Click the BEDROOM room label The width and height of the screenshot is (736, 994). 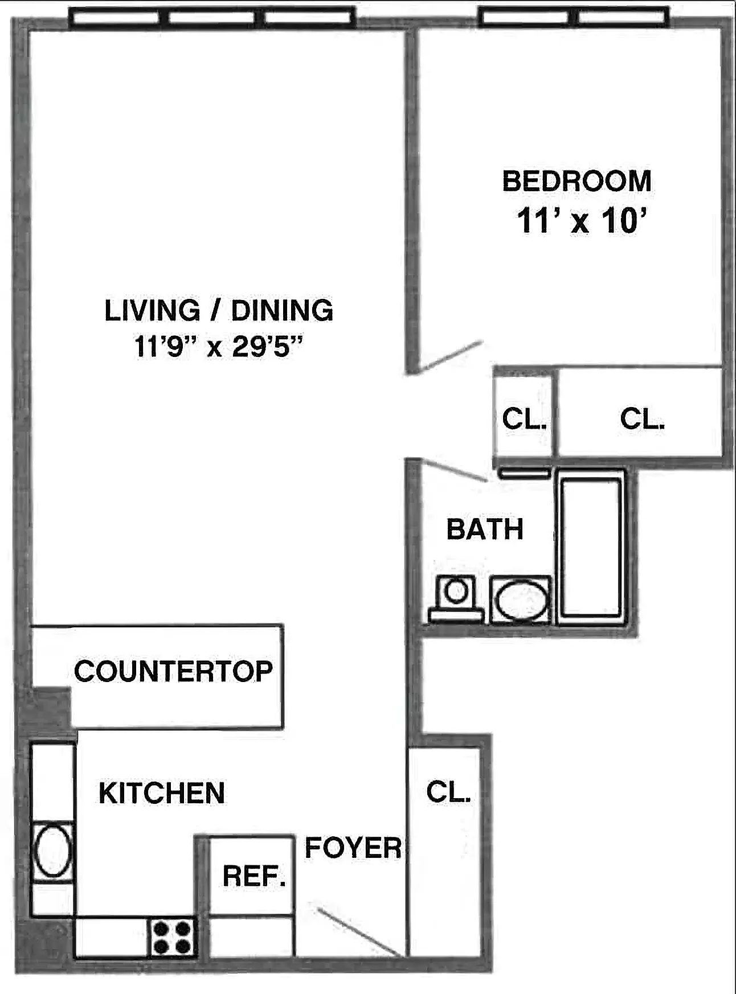(x=576, y=181)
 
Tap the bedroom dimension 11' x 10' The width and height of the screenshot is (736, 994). (x=581, y=221)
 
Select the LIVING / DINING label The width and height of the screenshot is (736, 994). (x=218, y=311)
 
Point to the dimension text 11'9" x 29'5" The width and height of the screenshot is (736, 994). (x=218, y=346)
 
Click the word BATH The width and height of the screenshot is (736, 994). (x=485, y=529)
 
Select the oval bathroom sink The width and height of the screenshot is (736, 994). (x=521, y=601)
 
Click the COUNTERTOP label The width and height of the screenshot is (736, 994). (x=173, y=672)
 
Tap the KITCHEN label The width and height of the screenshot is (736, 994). (x=162, y=793)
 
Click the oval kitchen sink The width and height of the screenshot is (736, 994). (x=53, y=852)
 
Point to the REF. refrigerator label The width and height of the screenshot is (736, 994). (x=253, y=876)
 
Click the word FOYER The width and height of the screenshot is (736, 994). (x=353, y=848)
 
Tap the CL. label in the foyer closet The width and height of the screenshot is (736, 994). (x=448, y=792)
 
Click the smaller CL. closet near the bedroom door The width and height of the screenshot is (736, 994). (x=524, y=419)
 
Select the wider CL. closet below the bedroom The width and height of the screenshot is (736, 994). (x=642, y=419)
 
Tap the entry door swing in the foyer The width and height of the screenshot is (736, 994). (x=357, y=932)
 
